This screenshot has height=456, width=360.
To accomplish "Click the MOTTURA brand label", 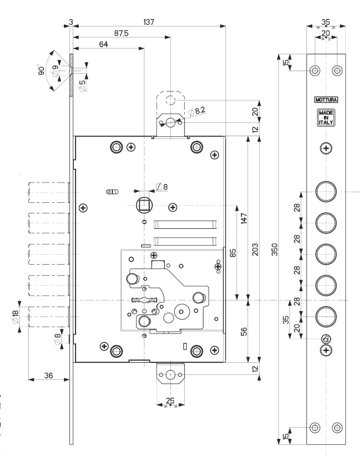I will click(x=325, y=100).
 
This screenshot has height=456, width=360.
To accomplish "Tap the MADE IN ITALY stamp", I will click(x=325, y=117).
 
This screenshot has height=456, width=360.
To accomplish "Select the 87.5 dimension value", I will click(x=121, y=33).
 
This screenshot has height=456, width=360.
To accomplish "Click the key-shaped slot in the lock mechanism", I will click(x=144, y=301).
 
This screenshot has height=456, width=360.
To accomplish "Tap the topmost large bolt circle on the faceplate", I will click(x=325, y=191).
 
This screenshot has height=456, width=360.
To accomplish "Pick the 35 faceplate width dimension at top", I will click(x=326, y=22).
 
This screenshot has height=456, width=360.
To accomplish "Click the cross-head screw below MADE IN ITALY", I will click(x=326, y=148).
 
